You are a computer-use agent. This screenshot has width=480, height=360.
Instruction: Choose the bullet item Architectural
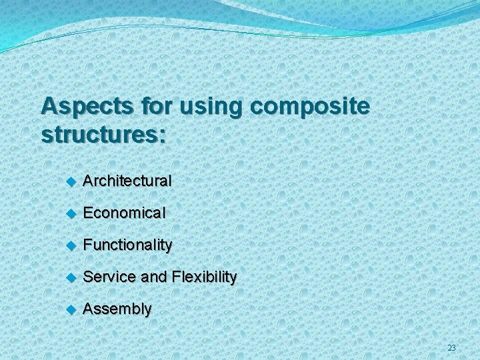point(127,181)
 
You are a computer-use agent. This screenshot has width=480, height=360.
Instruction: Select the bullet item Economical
point(124,213)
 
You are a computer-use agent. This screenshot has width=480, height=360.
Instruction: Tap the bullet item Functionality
point(127,245)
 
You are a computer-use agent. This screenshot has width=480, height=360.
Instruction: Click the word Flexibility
point(204,277)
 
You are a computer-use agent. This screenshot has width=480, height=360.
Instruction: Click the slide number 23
point(451,347)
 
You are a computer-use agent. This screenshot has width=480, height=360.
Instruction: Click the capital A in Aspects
point(49,105)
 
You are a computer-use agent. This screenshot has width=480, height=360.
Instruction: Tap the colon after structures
point(163,136)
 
